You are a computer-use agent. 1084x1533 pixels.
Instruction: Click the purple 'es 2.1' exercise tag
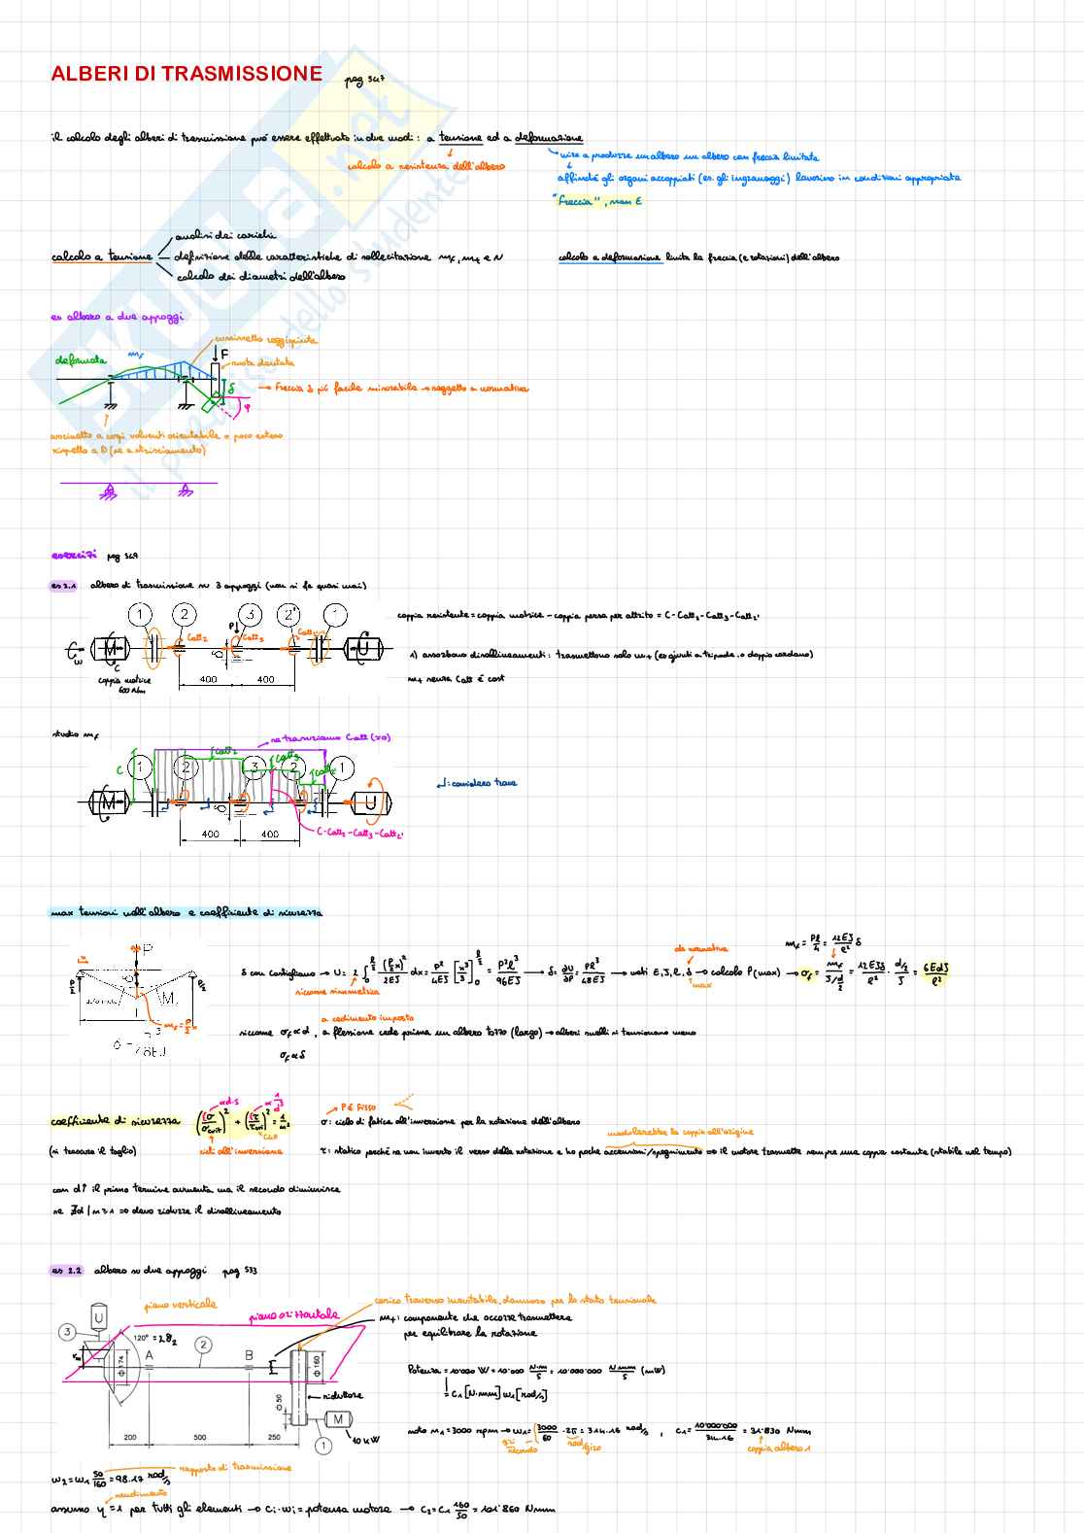65,586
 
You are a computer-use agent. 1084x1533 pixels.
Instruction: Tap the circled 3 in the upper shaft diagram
251,615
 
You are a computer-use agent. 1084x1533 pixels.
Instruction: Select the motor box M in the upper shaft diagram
110,648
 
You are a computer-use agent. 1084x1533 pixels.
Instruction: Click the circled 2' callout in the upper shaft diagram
288,615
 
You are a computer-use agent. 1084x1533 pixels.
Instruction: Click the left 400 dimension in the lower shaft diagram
211,834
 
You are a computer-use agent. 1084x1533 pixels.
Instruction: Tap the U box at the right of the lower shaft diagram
370,802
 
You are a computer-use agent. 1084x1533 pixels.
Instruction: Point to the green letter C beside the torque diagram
120,769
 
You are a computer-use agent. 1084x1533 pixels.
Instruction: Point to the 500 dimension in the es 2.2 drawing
200,1437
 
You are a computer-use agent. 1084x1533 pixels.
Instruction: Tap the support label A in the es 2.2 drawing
149,1355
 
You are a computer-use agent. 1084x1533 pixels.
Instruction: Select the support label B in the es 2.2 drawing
249,1355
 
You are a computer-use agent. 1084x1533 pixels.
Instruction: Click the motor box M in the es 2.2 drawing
337,1419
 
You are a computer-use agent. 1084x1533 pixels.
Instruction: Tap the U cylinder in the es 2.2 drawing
98,1317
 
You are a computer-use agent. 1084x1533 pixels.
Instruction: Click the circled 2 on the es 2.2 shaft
203,1345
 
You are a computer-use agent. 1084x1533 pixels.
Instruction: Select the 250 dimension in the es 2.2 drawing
274,1437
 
